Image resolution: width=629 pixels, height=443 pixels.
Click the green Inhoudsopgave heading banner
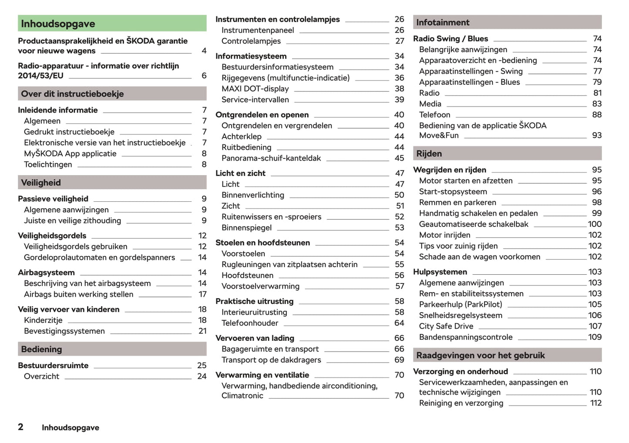pos(112,23)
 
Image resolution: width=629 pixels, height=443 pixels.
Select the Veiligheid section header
pos(112,183)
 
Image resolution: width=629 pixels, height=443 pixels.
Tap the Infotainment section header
pos(507,22)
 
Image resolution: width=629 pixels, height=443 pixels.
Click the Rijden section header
pos(507,153)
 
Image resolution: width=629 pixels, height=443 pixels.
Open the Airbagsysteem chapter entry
pos(46,273)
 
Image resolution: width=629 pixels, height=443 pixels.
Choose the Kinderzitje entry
pos(43,320)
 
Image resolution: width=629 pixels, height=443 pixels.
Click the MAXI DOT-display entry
pos(255,89)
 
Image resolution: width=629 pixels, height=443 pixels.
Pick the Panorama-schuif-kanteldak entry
pos(271,158)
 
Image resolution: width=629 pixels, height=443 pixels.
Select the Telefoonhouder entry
pos(250,323)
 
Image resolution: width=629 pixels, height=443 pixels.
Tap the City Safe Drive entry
pos(446,326)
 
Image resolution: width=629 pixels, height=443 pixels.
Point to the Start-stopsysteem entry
pos(453,192)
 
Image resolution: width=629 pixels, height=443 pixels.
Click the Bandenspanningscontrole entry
pos(466,337)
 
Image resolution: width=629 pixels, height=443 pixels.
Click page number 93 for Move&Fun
pos(597,136)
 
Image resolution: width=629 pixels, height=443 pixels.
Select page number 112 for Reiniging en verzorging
pos(596,403)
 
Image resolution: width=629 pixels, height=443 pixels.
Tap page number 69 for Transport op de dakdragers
pos(399,360)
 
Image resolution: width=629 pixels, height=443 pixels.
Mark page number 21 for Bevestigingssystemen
pos(202,331)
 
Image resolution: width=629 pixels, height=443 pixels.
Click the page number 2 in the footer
pos(20,427)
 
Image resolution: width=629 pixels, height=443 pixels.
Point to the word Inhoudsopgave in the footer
pos(71,428)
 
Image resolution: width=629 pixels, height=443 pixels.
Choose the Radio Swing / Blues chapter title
pos(451,39)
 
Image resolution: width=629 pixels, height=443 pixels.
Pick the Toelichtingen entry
pos(48,165)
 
